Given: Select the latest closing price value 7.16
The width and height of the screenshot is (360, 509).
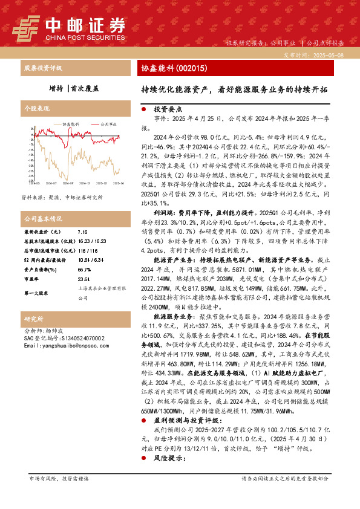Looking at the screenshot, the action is pos(83,232).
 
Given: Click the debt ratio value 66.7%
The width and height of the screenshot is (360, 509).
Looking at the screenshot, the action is pos(84,270).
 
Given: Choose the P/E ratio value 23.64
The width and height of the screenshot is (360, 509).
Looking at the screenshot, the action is pos(84,280).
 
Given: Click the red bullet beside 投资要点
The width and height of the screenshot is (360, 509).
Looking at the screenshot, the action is pos(143,111).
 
